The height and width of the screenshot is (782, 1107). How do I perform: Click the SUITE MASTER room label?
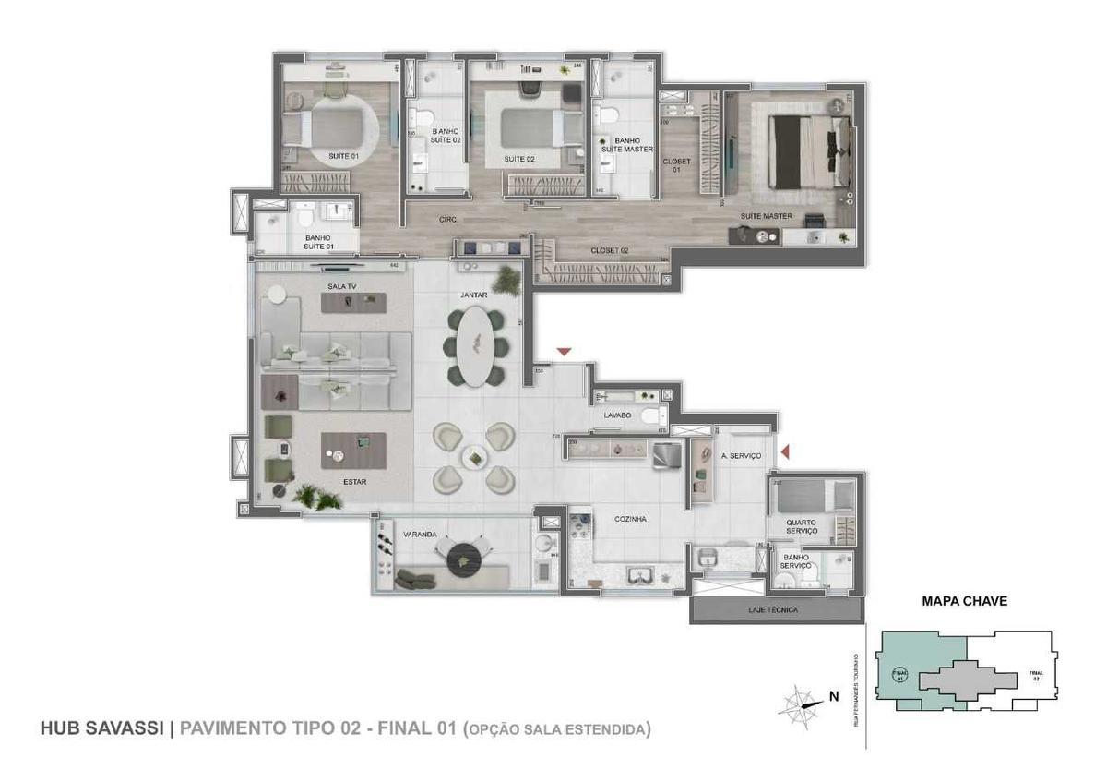(x=766, y=216)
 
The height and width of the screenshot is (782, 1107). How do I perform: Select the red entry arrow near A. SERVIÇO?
(x=786, y=451)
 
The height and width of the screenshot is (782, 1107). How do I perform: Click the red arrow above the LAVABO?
(x=564, y=352)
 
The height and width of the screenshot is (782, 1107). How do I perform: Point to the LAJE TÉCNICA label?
(x=774, y=610)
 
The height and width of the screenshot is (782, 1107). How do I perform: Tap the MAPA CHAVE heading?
(x=964, y=601)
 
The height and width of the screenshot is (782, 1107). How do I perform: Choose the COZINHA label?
(x=631, y=520)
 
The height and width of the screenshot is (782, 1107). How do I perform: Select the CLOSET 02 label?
(x=610, y=250)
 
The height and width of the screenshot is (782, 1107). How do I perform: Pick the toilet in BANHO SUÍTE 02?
(x=423, y=119)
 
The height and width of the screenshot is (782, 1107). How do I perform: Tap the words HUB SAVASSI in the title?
(x=101, y=728)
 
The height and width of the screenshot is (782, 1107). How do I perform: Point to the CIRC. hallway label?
(x=448, y=219)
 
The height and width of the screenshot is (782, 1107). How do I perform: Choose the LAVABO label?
(x=616, y=415)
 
